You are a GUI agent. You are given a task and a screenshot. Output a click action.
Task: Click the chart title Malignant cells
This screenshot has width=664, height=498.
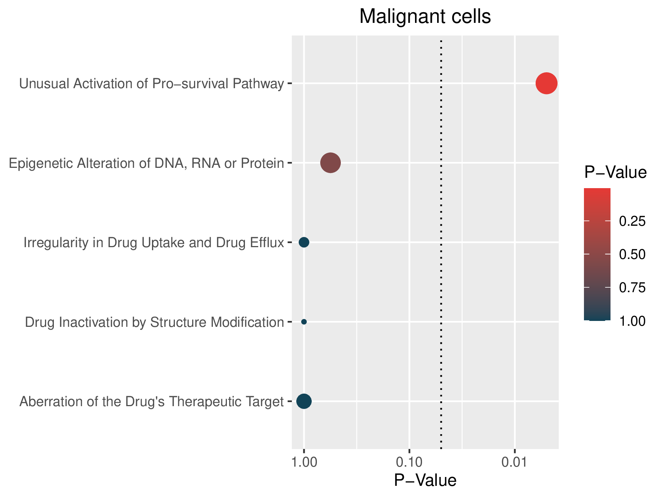tap(425, 17)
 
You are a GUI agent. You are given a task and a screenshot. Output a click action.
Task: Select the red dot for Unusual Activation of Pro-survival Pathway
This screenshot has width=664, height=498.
tap(546, 84)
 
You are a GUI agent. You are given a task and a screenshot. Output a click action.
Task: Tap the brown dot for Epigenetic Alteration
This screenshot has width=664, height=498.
tap(331, 163)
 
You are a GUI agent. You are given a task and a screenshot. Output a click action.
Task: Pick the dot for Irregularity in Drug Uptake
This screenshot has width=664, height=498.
tap(304, 242)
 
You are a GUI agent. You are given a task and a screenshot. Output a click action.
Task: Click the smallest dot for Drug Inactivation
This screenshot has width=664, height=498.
tap(304, 322)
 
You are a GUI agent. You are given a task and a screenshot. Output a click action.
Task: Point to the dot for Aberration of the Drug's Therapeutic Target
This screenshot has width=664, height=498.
tap(304, 401)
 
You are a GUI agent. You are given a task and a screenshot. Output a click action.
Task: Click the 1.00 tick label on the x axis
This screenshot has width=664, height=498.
tap(304, 462)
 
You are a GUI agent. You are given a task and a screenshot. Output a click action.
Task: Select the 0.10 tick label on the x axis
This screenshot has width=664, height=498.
tap(409, 462)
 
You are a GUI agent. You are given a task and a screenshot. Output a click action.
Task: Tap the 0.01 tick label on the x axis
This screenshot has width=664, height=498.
tap(514, 462)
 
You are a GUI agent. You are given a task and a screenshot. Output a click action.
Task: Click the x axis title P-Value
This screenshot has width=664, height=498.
tap(425, 480)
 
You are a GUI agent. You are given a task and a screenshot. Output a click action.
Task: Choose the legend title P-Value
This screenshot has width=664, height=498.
tap(615, 172)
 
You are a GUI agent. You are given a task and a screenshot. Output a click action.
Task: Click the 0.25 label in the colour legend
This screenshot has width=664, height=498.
tap(632, 221)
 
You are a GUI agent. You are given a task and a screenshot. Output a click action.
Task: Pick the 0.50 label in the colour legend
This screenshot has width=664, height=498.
tap(632, 255)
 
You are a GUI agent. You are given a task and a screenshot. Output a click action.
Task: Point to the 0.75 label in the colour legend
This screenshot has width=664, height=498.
tap(632, 288)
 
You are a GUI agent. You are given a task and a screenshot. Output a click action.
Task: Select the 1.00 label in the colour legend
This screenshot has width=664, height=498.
tap(632, 321)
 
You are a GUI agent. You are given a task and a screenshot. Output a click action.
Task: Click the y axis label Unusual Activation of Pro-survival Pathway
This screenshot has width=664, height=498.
tap(152, 84)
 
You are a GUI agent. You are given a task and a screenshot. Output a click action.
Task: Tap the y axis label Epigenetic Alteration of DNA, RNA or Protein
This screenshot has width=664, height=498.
tap(146, 163)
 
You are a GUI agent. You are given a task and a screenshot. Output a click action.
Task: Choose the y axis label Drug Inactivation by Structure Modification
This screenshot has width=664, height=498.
tap(155, 322)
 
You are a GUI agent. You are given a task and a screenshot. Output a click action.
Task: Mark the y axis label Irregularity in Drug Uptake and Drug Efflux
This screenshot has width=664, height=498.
tap(154, 242)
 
